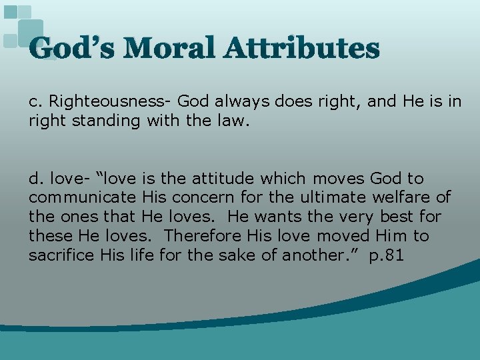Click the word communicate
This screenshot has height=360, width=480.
(83, 198)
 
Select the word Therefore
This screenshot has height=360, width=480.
(204, 237)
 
